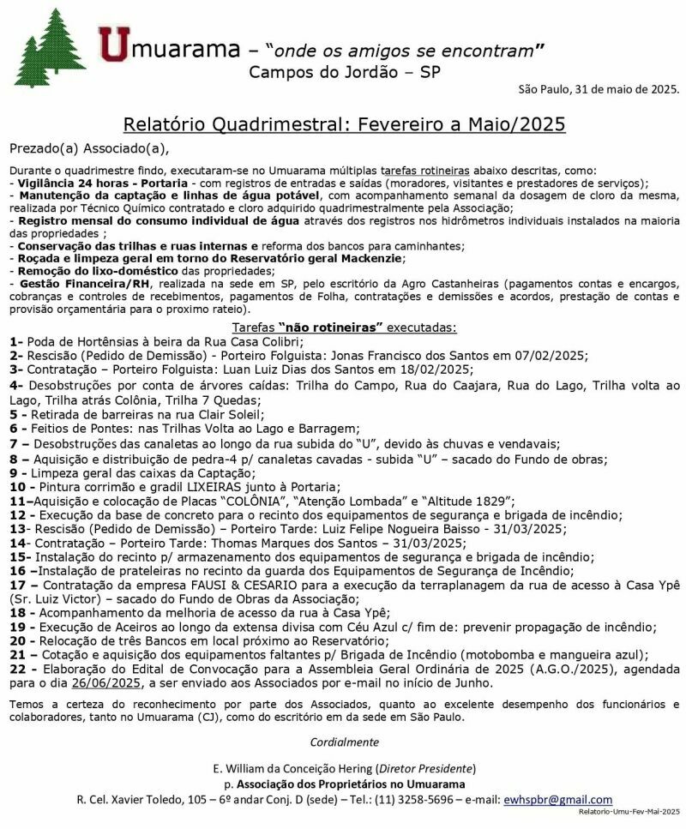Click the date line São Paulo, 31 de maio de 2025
click(599, 89)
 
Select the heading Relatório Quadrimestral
click(343, 124)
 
